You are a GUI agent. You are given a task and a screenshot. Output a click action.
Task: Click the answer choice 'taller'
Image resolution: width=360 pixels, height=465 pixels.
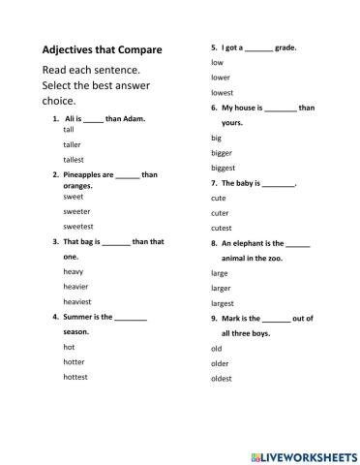point(72,144)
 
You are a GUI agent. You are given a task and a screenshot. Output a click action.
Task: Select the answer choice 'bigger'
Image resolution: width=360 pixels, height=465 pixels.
point(222,152)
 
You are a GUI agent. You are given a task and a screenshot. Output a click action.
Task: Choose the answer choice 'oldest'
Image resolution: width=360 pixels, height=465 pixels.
point(222,378)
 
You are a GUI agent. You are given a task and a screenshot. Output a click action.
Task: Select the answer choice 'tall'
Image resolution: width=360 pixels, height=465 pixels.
point(69,129)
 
